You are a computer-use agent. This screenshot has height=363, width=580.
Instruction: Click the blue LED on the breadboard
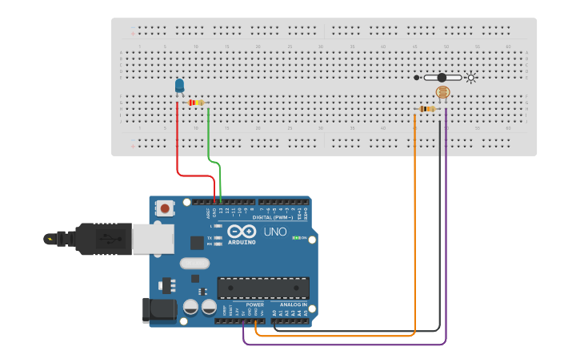(179, 86)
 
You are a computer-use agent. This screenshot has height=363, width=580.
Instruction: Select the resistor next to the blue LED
(196, 103)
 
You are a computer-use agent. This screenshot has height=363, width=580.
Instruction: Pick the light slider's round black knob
(441, 78)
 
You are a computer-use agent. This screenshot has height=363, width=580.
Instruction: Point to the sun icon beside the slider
(471, 78)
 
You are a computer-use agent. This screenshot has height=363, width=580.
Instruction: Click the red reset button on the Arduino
(165, 208)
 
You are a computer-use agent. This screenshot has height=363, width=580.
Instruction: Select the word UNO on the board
(275, 232)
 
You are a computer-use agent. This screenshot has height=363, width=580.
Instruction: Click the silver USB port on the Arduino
(151, 238)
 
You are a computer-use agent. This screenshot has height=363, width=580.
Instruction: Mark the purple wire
(344, 345)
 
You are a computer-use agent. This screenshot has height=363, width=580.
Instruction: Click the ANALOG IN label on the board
(294, 305)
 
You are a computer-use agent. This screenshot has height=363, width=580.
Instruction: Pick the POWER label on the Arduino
(255, 305)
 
